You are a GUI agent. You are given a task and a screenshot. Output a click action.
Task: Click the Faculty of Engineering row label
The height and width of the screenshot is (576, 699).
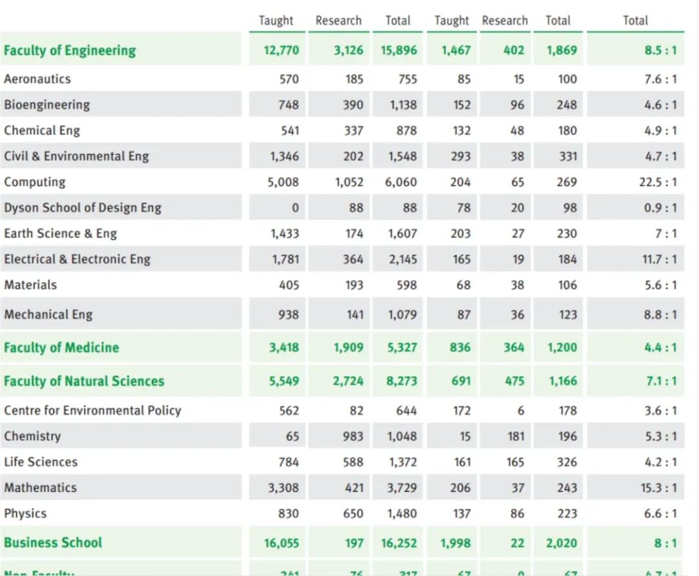pos(70,51)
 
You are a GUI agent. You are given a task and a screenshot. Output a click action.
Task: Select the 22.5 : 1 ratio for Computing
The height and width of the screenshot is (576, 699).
pos(658,182)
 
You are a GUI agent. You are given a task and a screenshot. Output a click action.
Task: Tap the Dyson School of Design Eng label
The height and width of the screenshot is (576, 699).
pos(82,208)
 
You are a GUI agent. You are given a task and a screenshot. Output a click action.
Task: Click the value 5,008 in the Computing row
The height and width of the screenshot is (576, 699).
pos(283,182)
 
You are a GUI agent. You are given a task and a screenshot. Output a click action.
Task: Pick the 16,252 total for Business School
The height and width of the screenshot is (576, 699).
pos(399,543)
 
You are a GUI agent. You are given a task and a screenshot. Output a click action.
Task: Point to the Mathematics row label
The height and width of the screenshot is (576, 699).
pos(40,488)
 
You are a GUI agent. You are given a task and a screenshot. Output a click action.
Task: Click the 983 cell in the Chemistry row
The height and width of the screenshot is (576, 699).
pos(353,436)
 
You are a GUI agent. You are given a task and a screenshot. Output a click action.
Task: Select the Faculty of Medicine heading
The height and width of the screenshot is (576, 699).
pos(61,347)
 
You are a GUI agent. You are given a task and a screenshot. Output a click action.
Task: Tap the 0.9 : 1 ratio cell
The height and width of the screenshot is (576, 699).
pos(660,208)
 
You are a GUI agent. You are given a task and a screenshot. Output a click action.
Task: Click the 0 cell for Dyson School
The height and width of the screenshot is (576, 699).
pos(295,208)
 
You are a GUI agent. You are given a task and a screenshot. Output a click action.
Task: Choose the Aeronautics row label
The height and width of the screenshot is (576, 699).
pos(37,79)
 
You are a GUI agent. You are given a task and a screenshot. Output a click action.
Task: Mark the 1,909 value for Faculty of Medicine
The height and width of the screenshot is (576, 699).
pos(348,347)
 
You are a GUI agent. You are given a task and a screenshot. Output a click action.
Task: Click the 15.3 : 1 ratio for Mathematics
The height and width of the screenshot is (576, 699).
pos(658,488)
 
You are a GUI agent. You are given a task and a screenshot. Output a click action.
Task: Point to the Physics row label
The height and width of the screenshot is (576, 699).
pos(25,514)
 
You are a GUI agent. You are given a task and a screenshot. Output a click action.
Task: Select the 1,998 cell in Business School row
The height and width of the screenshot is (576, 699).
pos(456,543)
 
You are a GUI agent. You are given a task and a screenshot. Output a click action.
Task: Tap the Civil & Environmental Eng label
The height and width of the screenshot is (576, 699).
pos(76,156)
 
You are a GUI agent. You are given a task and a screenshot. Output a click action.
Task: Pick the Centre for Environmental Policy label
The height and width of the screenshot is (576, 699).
pos(93,410)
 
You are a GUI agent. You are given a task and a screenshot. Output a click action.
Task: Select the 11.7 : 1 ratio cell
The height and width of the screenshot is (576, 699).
pos(659,259)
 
